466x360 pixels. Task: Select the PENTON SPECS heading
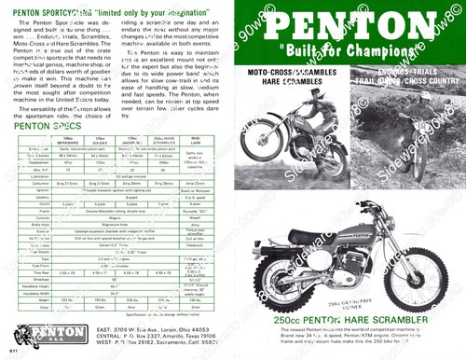point(43,124)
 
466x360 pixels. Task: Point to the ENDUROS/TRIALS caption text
point(407,71)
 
